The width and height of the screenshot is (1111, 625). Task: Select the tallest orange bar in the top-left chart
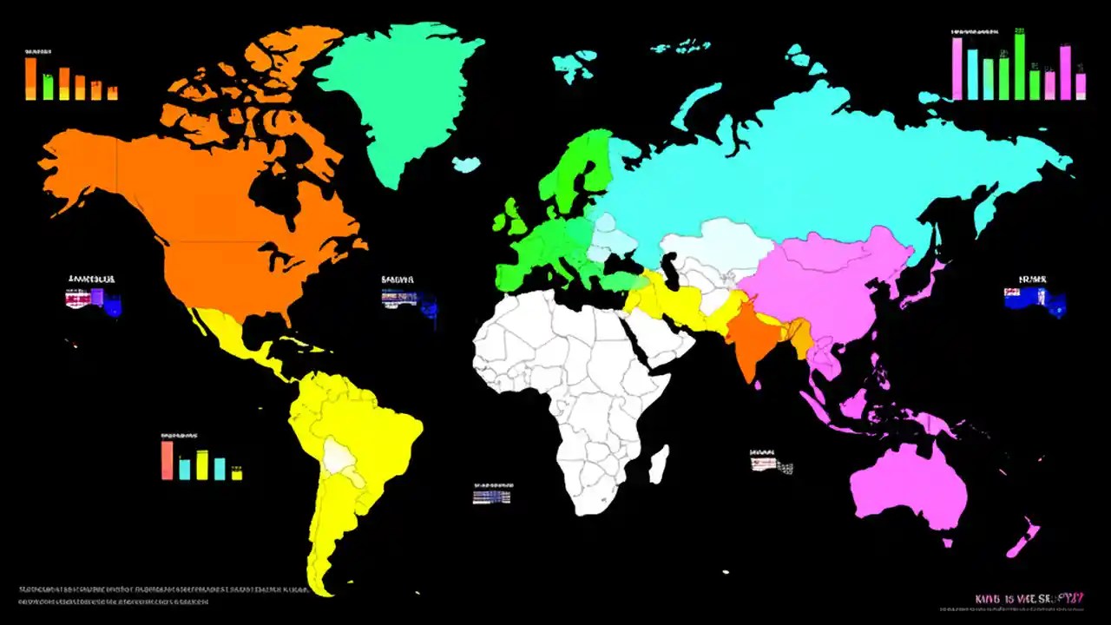[x=30, y=78]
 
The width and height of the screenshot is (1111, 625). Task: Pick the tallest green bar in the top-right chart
[x=1020, y=66]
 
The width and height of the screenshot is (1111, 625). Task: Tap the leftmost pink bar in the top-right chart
[x=957, y=69]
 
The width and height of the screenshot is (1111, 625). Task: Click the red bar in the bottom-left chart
[x=167, y=460]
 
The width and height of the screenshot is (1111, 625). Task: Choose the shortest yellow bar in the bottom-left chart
[x=236, y=474]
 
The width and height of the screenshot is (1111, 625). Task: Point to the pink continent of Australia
[x=907, y=486]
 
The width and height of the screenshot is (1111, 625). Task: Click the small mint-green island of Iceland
[x=466, y=163]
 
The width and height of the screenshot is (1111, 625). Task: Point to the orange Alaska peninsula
[x=78, y=169]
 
